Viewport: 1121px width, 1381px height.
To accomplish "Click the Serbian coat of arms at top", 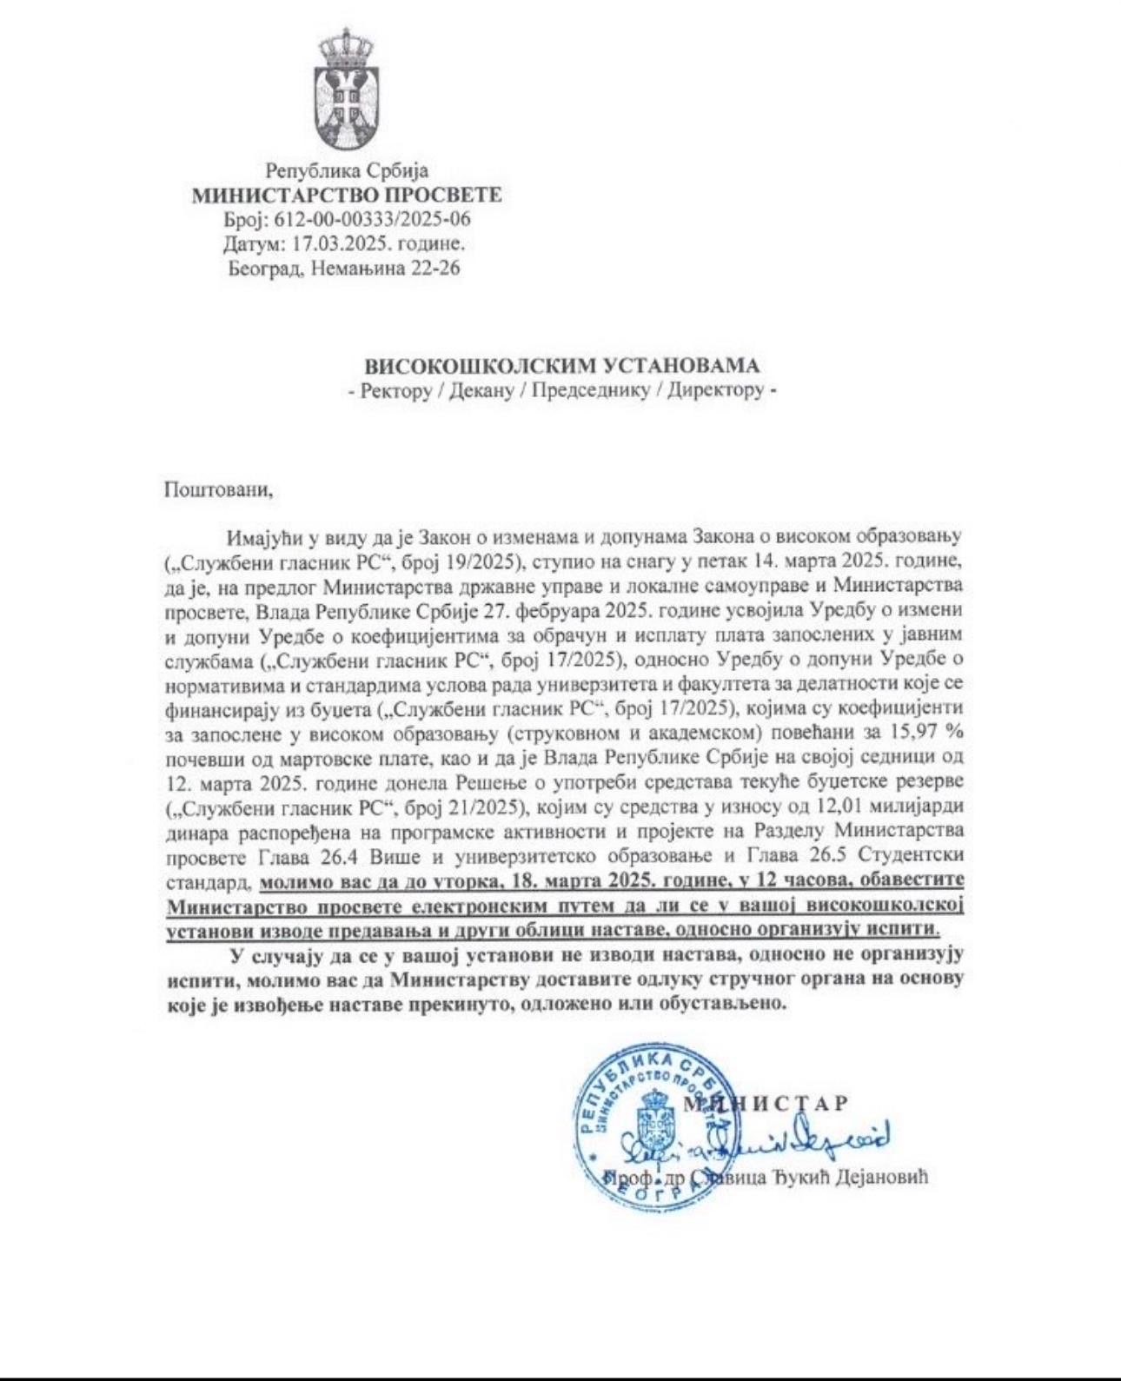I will click(346, 90).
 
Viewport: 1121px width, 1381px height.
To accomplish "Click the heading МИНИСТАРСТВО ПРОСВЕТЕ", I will click(346, 195).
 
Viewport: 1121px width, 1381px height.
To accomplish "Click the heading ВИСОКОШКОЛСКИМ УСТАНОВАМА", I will click(561, 366).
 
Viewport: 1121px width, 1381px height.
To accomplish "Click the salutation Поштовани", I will click(218, 488).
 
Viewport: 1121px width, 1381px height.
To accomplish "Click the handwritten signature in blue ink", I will click(782, 1139).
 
